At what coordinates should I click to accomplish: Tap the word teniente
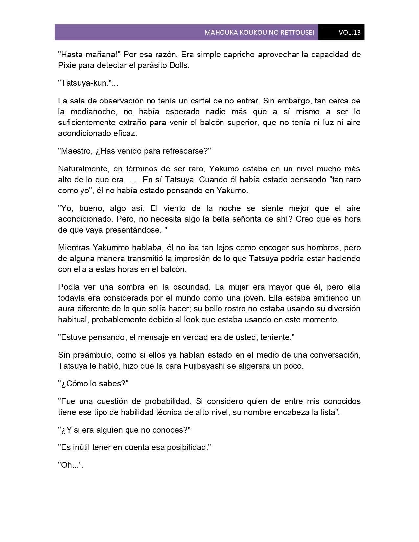click(275, 337)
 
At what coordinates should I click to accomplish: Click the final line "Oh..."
click(71, 465)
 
